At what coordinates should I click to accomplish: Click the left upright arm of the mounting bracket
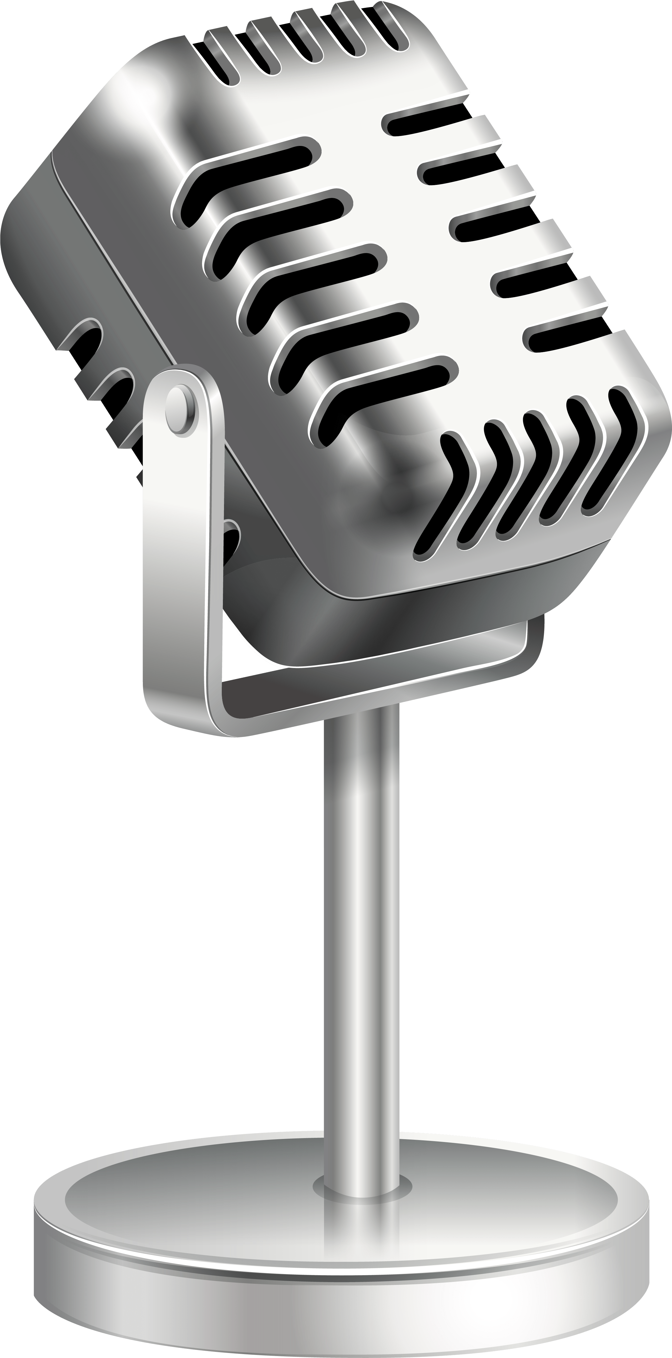182,553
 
